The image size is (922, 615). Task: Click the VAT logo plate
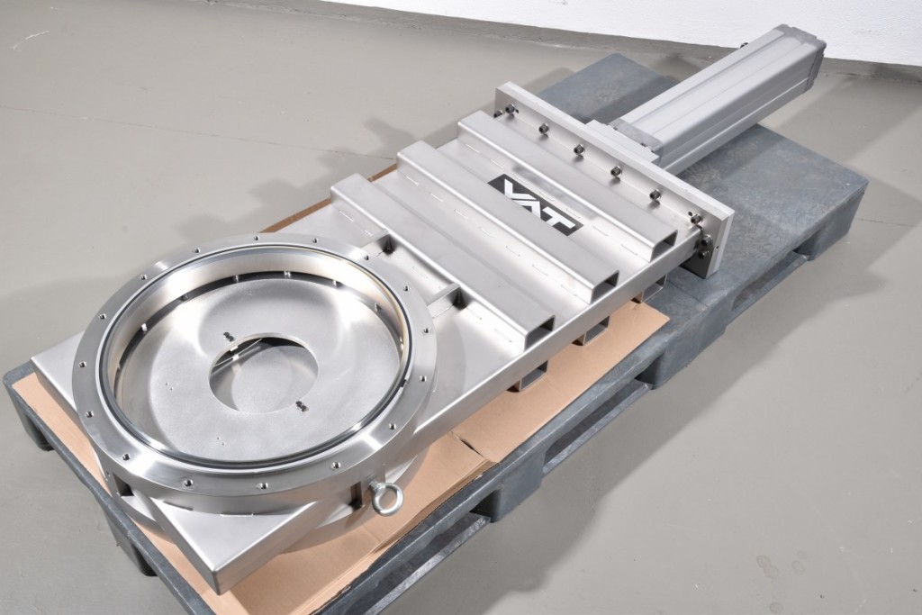tap(535, 203)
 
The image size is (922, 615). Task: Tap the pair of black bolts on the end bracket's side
tap(704, 247)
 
